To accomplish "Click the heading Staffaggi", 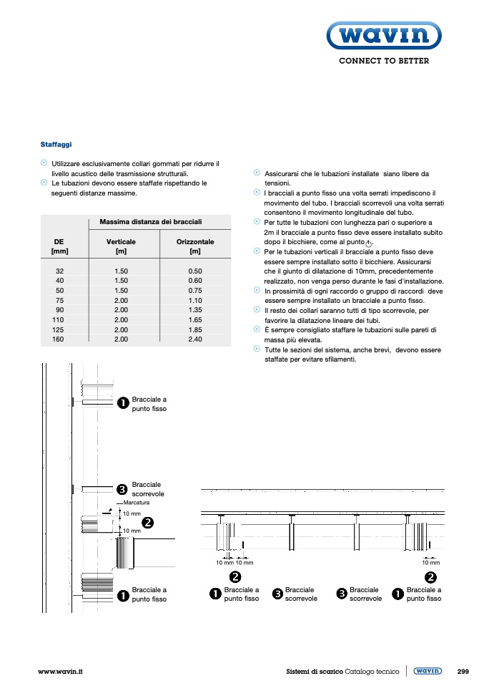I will click(56, 145).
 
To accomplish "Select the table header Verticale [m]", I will click(121, 247).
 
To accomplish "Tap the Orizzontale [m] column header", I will click(195, 247).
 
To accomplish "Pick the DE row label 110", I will click(59, 320).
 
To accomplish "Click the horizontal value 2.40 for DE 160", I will click(195, 339).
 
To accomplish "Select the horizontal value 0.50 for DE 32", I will click(195, 271).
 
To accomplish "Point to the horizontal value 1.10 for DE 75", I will click(195, 301).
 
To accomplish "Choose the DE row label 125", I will click(59, 329).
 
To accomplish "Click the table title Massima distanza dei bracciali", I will click(151, 222).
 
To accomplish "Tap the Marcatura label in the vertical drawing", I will click(136, 503).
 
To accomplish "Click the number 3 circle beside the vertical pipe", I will click(122, 490).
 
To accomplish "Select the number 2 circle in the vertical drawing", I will click(147, 522).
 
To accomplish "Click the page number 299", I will click(463, 672).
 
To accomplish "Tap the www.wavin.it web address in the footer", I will click(61, 672).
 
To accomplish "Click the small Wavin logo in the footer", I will click(428, 671).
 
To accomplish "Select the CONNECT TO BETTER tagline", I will click(384, 61).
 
